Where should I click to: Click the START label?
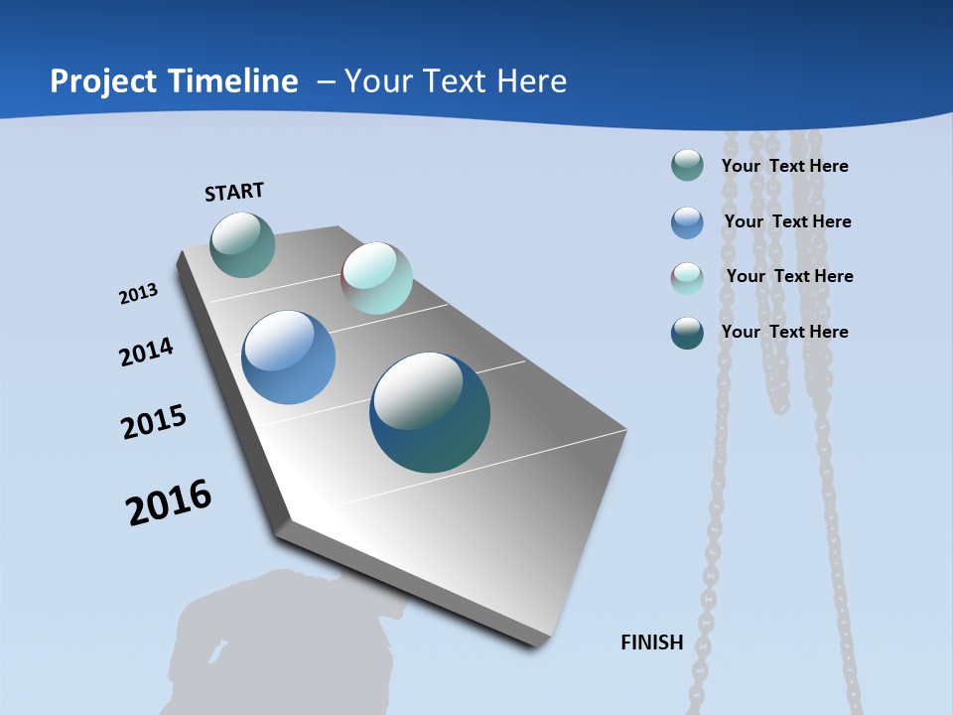coord(234,192)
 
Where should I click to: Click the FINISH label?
coord(652,643)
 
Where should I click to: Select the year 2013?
coord(138,294)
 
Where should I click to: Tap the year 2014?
coord(146,352)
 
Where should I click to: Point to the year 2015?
coord(154,422)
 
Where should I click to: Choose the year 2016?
coord(169,502)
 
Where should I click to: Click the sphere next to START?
coord(242,244)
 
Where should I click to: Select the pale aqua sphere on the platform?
coord(376,278)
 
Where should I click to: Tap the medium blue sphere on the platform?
coord(289,357)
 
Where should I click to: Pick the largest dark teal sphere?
coord(430,412)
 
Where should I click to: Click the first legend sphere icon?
coord(687,165)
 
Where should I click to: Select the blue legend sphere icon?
coord(687,222)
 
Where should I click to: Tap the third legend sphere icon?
coord(687,278)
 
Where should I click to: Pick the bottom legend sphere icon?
coord(687,333)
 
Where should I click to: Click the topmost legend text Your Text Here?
coord(784,166)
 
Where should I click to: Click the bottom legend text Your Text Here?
coord(784,332)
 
